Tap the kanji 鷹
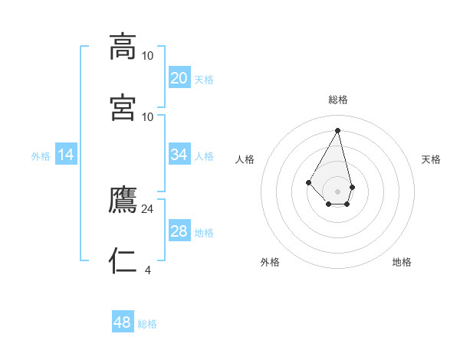[x=123, y=200]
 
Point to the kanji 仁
[x=123, y=260]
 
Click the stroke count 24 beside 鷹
[x=148, y=208]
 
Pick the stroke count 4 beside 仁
[x=148, y=269]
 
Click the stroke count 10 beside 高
[x=148, y=55]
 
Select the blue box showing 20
[x=179, y=78]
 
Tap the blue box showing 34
[x=179, y=155]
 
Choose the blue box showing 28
[x=179, y=231]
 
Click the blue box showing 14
[x=67, y=155]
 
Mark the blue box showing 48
[x=123, y=322]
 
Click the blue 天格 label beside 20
[x=204, y=80]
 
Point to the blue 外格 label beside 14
[x=41, y=156]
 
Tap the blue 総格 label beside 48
[x=147, y=324]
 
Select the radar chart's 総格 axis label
[x=338, y=100]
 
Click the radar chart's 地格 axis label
[x=402, y=262]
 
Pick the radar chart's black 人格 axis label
[x=245, y=159]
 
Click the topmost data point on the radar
[x=337, y=130]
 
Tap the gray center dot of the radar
[x=337, y=191]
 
